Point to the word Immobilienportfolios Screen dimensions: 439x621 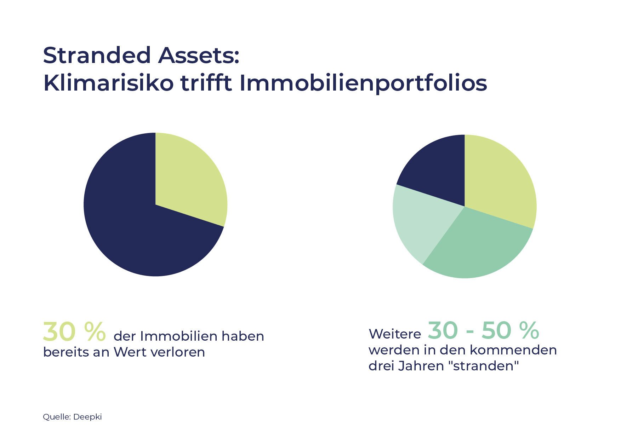(x=363, y=84)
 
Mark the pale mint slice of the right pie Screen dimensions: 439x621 (x=420, y=223)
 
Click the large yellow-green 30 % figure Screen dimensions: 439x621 (x=74, y=332)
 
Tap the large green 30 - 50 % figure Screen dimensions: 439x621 (x=483, y=331)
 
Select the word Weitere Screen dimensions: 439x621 (x=395, y=334)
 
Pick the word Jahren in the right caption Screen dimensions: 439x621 (x=421, y=366)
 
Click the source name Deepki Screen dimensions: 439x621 (x=87, y=417)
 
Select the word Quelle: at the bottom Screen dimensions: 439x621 (x=57, y=417)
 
